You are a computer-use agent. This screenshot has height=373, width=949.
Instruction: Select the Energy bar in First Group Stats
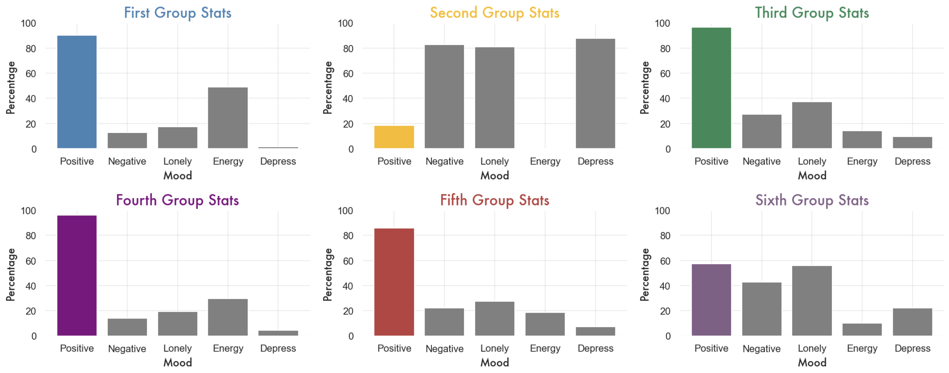228,118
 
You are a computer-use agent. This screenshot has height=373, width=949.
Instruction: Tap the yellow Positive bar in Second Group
394,137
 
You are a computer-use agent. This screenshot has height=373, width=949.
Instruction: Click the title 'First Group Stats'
177,13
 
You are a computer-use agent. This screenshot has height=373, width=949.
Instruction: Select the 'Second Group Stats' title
494,13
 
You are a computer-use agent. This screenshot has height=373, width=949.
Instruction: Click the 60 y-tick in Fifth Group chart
348,261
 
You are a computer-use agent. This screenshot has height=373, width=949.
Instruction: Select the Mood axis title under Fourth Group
177,363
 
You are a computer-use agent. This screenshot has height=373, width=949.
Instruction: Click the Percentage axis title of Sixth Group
644,275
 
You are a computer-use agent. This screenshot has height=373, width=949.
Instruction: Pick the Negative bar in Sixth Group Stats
761,309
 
